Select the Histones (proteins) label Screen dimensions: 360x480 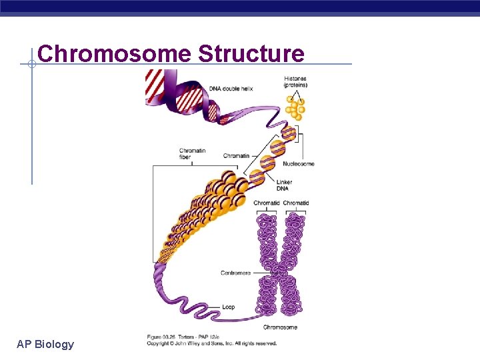point(295,82)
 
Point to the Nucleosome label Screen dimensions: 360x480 point(298,163)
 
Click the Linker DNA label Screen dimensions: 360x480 point(284,185)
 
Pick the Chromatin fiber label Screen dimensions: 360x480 point(192,154)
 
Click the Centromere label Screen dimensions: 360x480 point(235,273)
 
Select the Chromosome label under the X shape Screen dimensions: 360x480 point(280,327)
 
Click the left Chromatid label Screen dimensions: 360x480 point(267,203)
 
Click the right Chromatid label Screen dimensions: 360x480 point(296,203)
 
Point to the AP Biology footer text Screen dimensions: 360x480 point(45,344)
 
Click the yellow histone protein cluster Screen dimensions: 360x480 point(295,107)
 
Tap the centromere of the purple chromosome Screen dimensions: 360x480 point(281,270)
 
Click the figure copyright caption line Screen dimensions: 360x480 point(212,343)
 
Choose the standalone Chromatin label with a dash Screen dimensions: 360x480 point(235,156)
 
